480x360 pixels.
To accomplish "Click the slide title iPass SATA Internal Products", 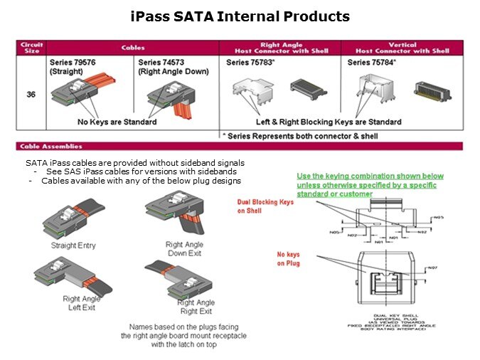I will click(x=240, y=16).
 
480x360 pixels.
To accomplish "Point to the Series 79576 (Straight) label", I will click(x=70, y=67).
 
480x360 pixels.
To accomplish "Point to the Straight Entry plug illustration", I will click(x=73, y=218).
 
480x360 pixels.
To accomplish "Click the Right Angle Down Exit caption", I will click(x=184, y=248).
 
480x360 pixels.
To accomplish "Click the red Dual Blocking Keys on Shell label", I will click(x=265, y=206).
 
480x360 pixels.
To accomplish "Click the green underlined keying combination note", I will click(x=369, y=185).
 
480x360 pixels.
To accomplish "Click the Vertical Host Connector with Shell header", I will click(x=402, y=48).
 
